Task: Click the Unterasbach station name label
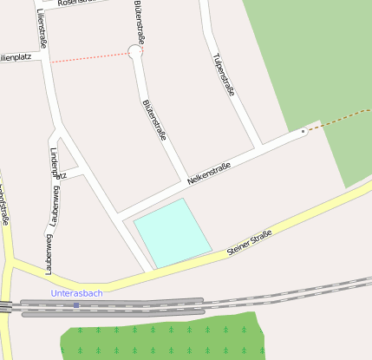(77, 293)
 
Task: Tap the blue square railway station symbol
(76, 304)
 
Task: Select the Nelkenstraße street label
(209, 173)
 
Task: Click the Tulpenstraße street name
(223, 74)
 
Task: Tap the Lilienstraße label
(41, 29)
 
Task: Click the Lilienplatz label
(16, 58)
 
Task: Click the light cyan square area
(173, 232)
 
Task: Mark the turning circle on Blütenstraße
(135, 52)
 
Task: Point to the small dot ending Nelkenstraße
(303, 131)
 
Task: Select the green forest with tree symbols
(165, 338)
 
